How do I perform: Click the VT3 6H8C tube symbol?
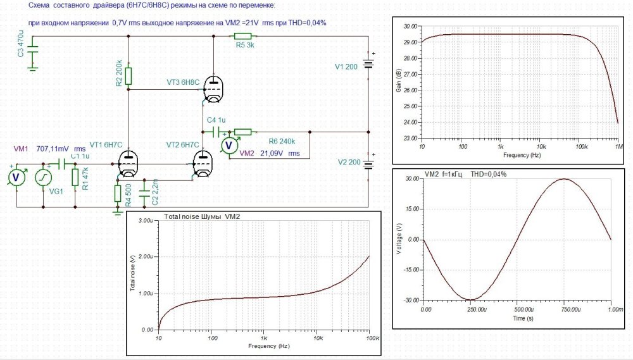(x=214, y=90)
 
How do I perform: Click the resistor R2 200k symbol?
(x=128, y=76)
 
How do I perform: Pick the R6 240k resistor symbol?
(x=242, y=132)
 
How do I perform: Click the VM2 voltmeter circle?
(x=228, y=146)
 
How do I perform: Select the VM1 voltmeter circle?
(x=17, y=178)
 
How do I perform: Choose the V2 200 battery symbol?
(x=368, y=163)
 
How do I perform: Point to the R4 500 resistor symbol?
(x=117, y=193)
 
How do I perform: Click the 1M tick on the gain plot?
(x=617, y=146)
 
